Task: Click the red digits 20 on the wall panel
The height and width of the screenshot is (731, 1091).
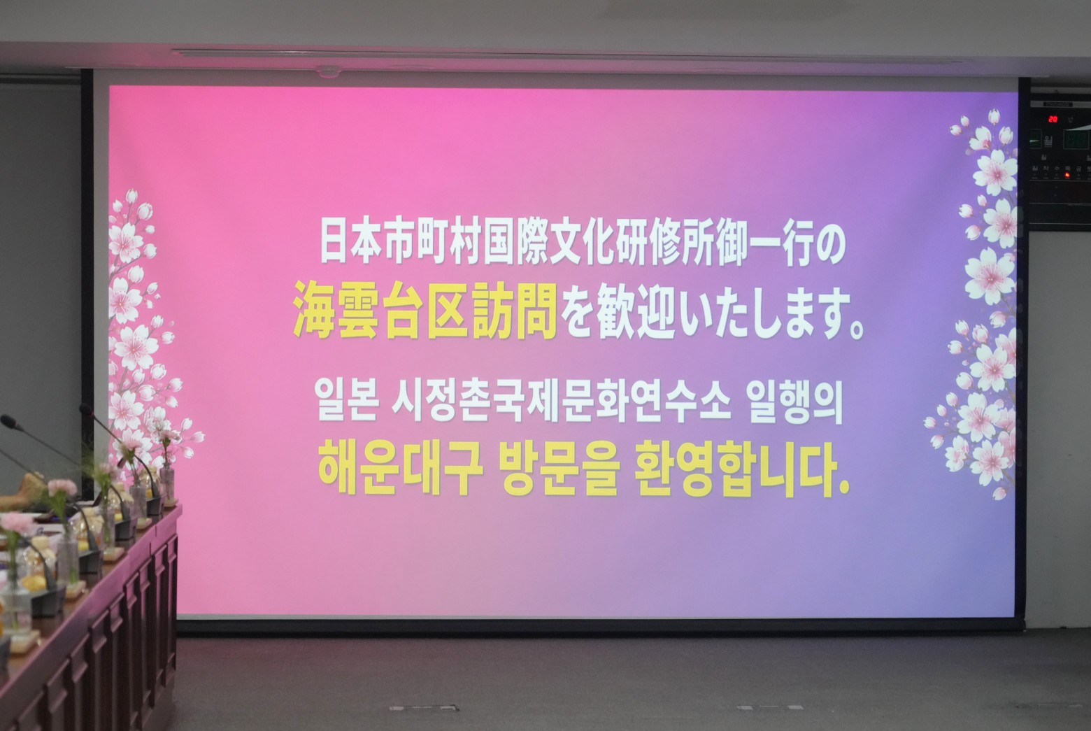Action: (1053, 119)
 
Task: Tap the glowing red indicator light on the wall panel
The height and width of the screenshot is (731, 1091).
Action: (1066, 174)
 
